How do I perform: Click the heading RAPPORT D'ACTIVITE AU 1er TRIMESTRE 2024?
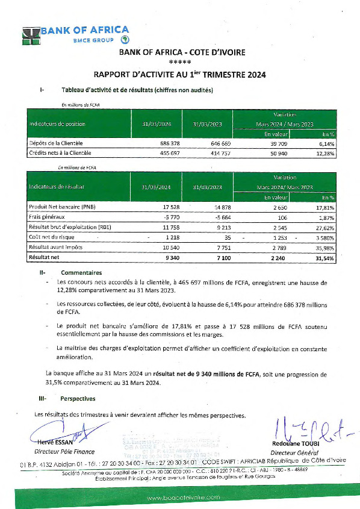pyautogui.click(x=179, y=75)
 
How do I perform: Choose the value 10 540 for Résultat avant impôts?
pyautogui.click(x=160, y=247)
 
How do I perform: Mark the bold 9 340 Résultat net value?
pyautogui.click(x=160, y=257)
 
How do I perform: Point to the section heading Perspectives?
pyautogui.click(x=78, y=398)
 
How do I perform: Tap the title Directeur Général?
pyautogui.click(x=294, y=452)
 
